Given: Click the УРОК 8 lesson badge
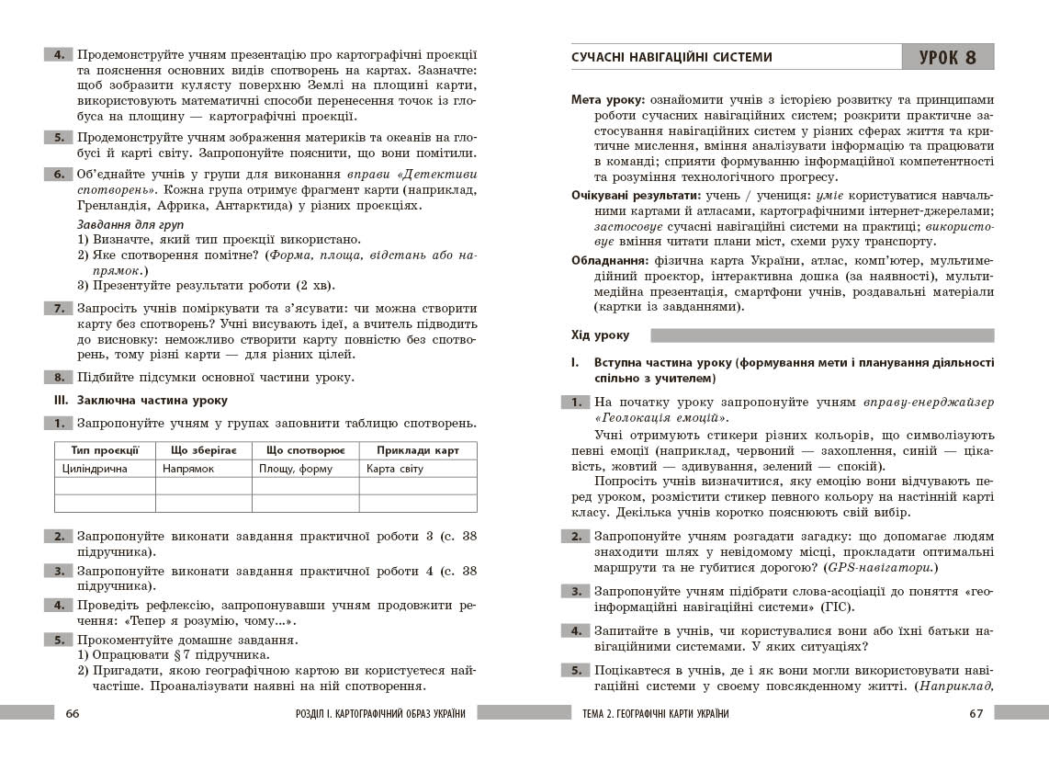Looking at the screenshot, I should [948, 57].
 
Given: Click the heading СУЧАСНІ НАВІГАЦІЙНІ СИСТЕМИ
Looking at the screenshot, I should [671, 57].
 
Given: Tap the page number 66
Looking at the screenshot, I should [73, 714].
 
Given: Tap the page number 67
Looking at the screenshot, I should [976, 714].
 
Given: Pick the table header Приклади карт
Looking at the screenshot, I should [417, 450].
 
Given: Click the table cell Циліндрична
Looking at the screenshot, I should [95, 469].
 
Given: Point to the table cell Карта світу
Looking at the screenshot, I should [395, 469].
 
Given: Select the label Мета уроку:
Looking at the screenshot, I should [607, 99].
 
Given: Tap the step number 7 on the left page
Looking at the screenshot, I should [59, 309].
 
